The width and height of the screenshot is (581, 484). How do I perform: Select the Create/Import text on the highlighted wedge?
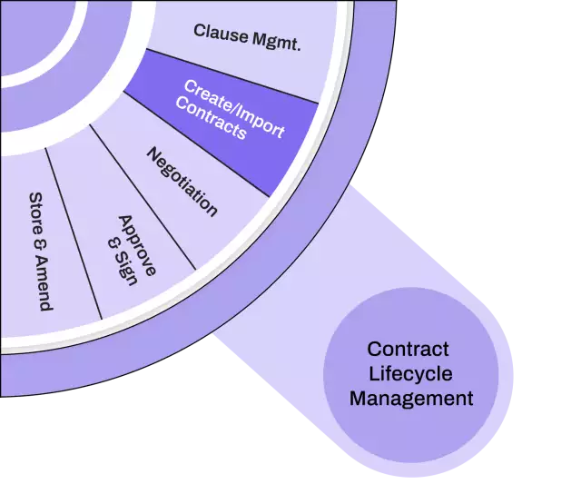[x=235, y=108]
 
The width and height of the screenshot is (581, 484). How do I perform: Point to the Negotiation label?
[x=182, y=182]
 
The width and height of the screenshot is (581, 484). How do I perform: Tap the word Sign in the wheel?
[x=124, y=269]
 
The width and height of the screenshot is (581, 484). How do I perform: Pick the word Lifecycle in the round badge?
[x=410, y=373]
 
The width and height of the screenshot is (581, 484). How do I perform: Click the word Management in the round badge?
[x=411, y=398]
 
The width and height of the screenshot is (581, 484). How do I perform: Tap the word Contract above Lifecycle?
[x=409, y=349]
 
